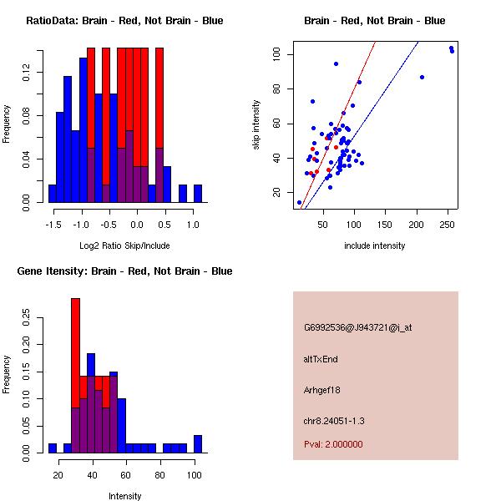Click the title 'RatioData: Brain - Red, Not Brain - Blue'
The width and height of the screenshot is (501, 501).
124,21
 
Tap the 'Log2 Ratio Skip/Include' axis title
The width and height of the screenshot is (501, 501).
124,245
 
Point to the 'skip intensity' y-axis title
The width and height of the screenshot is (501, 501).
257,125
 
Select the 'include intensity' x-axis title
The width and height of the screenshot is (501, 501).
375,245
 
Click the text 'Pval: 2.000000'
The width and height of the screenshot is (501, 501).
333,444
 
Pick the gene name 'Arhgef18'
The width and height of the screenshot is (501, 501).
322,390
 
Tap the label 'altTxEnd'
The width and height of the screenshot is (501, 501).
321,359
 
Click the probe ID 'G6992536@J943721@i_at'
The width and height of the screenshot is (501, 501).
357,327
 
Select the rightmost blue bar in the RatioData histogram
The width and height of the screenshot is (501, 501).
198,193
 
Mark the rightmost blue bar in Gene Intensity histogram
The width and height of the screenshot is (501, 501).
198,443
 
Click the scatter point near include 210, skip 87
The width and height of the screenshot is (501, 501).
422,77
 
